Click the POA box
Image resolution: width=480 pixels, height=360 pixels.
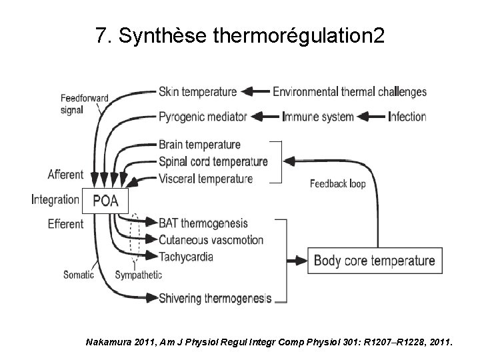coord(105,200)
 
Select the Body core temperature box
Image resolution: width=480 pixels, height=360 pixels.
coord(374,261)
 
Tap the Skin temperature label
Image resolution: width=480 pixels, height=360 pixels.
coord(197,91)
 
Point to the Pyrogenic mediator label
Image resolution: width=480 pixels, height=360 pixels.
coord(203,117)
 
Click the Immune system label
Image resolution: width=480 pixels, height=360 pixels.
coord(318,117)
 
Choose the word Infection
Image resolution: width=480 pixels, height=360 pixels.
coord(407,117)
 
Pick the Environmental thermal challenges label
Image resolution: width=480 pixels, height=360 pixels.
coord(349,91)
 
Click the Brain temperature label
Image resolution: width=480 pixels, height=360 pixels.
coord(199,145)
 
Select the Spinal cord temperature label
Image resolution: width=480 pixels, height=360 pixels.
coord(213,161)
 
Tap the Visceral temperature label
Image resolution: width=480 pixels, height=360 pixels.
coord(205,178)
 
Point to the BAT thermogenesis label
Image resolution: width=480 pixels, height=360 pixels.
coord(203,223)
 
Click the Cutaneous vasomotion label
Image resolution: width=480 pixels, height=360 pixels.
coord(211,239)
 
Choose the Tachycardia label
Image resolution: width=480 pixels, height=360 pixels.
coord(186,256)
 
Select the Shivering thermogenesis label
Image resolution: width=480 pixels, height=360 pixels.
coord(215,298)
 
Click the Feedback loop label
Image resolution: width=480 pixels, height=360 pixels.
coord(337,184)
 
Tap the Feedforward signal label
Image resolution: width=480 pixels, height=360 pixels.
coord(83,103)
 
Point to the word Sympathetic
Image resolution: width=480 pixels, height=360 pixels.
coord(138,275)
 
